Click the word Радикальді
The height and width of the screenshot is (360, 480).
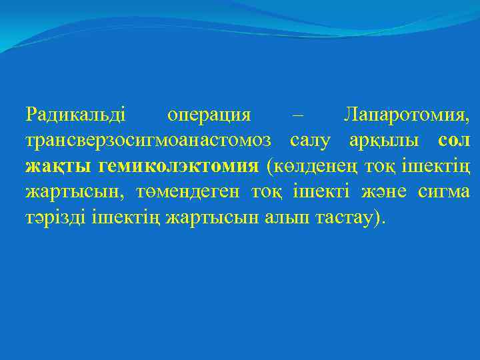click(x=75, y=115)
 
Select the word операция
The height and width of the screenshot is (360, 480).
click(x=209, y=115)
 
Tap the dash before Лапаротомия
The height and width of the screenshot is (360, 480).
click(x=297, y=115)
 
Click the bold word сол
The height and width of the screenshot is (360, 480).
click(x=453, y=141)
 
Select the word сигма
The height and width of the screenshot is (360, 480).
click(x=443, y=193)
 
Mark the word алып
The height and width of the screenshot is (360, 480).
click(x=281, y=219)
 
